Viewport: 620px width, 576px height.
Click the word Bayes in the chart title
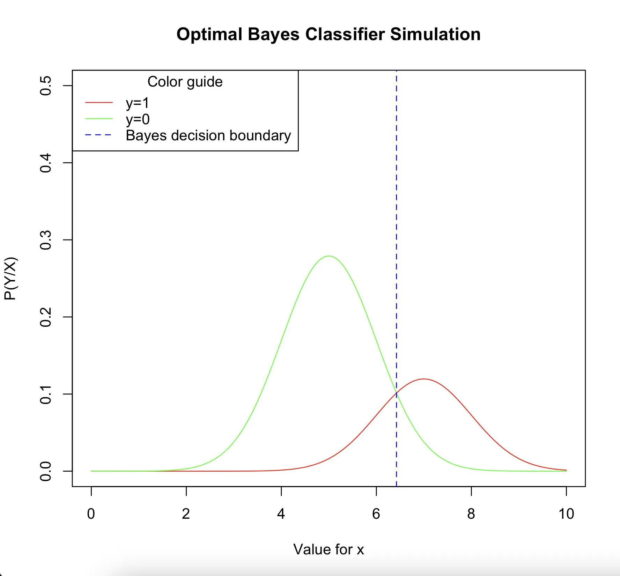pos(273,35)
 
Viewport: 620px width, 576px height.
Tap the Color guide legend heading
pos(185,82)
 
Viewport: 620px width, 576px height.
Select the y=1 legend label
pos(138,103)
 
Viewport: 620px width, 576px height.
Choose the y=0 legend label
pos(138,119)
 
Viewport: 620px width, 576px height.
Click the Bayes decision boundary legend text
pos(208,135)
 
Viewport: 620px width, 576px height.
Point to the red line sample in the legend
pos(99,103)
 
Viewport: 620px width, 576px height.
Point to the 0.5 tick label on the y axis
pos(46,86)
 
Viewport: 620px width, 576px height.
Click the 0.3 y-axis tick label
pos(46,240)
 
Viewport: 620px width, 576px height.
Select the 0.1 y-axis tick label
pos(46,394)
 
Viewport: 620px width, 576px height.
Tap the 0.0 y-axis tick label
pos(46,471)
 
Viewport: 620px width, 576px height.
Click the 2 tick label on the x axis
pos(186,514)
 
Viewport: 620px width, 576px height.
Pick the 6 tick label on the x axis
pos(376,514)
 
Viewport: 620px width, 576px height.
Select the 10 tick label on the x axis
pos(566,514)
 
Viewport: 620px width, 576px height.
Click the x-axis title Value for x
pos(329,549)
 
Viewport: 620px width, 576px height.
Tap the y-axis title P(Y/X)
pos(10,278)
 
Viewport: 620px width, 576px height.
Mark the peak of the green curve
pos(329,256)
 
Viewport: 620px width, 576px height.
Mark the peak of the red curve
pos(423,379)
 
